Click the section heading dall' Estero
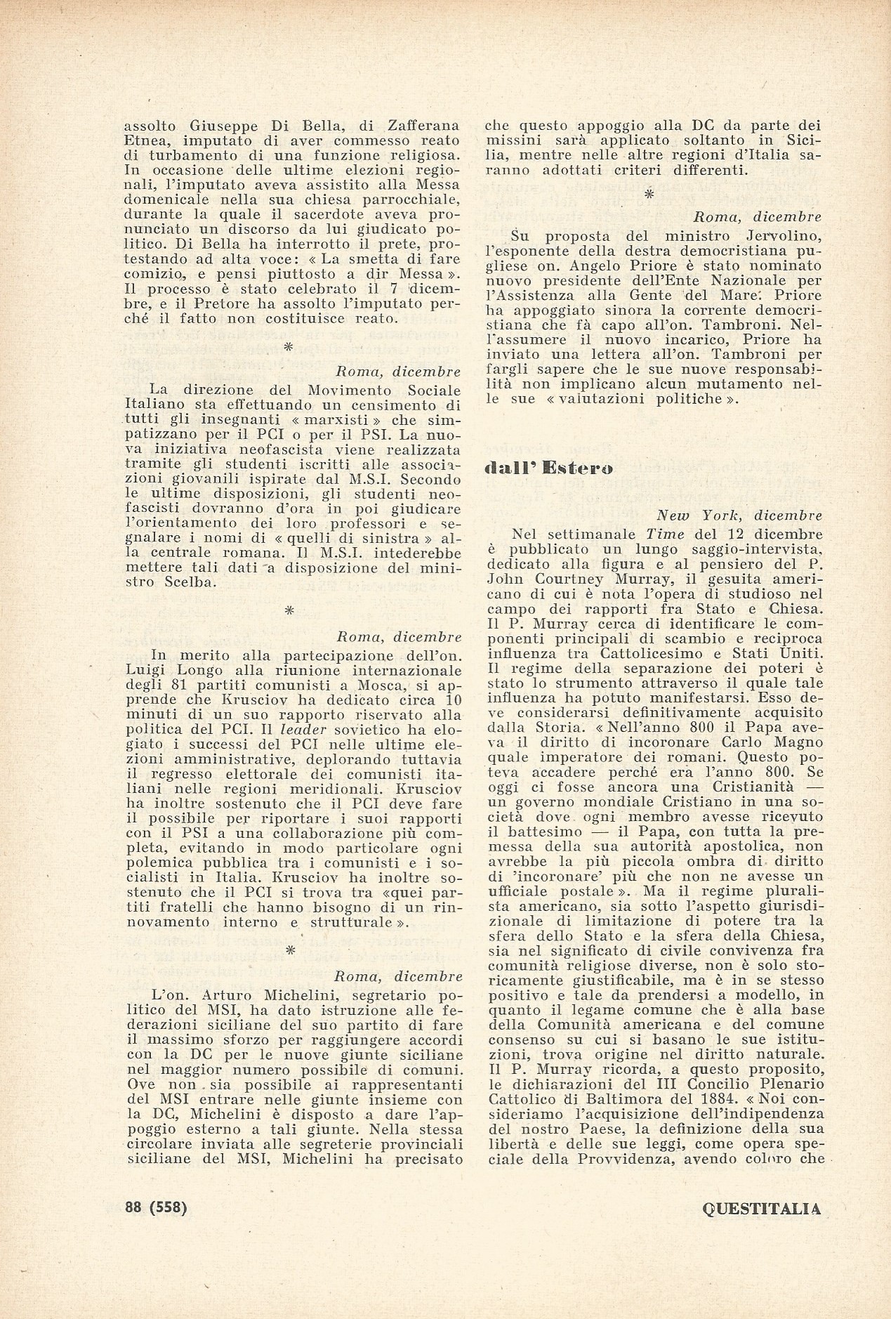(549, 470)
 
